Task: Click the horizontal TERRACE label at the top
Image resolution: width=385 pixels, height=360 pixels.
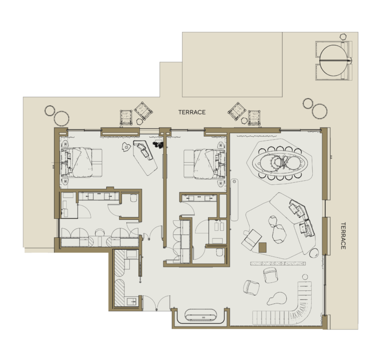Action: (x=192, y=112)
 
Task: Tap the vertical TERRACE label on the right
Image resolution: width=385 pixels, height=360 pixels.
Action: (x=343, y=236)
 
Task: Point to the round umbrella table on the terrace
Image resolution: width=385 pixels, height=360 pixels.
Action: (x=334, y=60)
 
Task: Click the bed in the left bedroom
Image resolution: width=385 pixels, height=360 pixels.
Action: (x=81, y=162)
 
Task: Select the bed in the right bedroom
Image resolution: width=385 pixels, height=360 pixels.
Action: (x=205, y=164)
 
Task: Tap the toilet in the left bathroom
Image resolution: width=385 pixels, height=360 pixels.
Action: (x=134, y=198)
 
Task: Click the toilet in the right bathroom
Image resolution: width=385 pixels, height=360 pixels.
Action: (x=220, y=252)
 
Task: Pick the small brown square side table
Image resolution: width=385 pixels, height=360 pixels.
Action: (x=263, y=247)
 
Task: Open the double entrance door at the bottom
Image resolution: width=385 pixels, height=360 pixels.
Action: (x=156, y=303)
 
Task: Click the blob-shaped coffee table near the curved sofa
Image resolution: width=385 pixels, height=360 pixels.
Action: (x=277, y=299)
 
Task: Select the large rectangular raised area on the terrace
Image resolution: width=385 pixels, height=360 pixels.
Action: (x=232, y=64)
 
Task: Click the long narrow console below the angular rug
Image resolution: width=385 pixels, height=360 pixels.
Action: (x=278, y=264)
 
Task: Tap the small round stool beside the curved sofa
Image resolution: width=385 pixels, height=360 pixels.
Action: (x=305, y=277)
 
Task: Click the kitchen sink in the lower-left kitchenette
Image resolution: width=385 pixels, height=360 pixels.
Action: (x=131, y=301)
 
